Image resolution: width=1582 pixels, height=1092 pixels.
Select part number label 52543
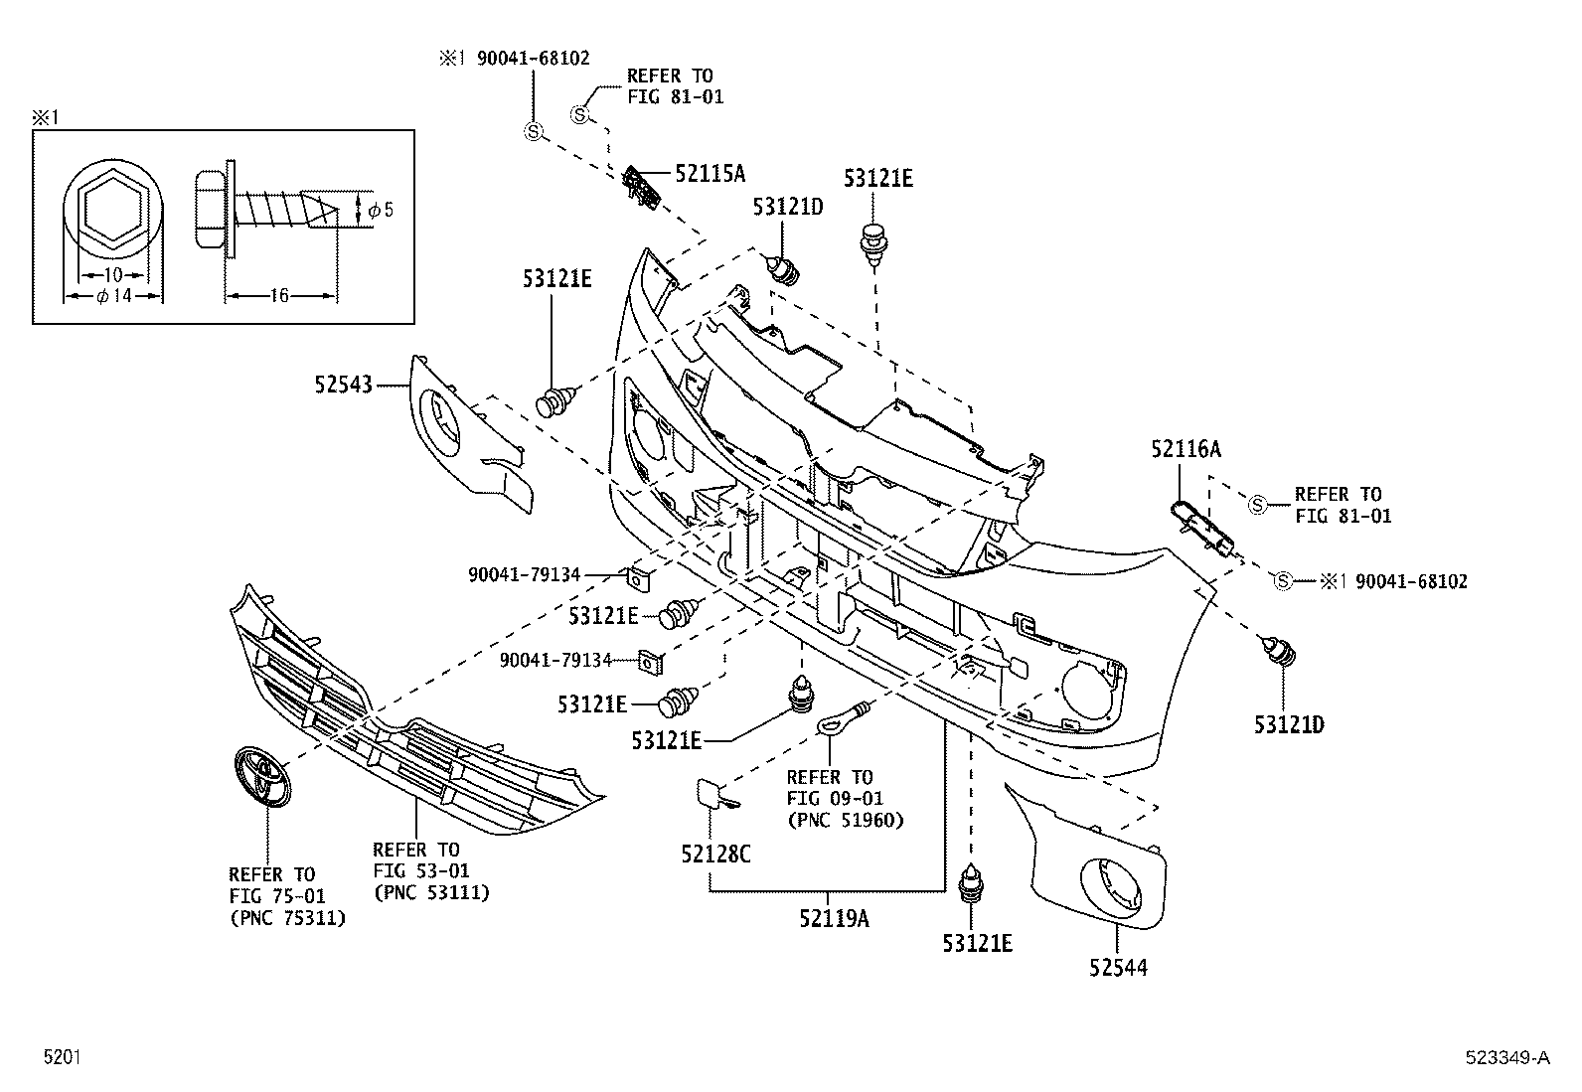coord(343,384)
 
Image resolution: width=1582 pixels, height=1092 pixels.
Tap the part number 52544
coord(1117,967)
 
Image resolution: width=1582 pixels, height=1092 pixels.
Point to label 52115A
coord(710,174)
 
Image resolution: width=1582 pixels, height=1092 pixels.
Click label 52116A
coord(1186,449)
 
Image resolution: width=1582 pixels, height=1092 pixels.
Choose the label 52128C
coord(714,853)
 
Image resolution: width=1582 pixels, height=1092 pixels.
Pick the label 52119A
coord(833,918)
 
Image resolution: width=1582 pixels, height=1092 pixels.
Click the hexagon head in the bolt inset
coord(111,210)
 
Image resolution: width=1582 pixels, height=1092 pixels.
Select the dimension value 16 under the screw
coord(279,295)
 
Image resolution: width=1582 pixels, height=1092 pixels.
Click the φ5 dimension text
coord(380,210)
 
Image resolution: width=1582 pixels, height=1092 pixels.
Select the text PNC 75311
coord(287,918)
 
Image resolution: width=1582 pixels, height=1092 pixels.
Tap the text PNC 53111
coord(431,892)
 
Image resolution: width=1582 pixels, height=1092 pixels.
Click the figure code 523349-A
coord(1505,1058)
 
